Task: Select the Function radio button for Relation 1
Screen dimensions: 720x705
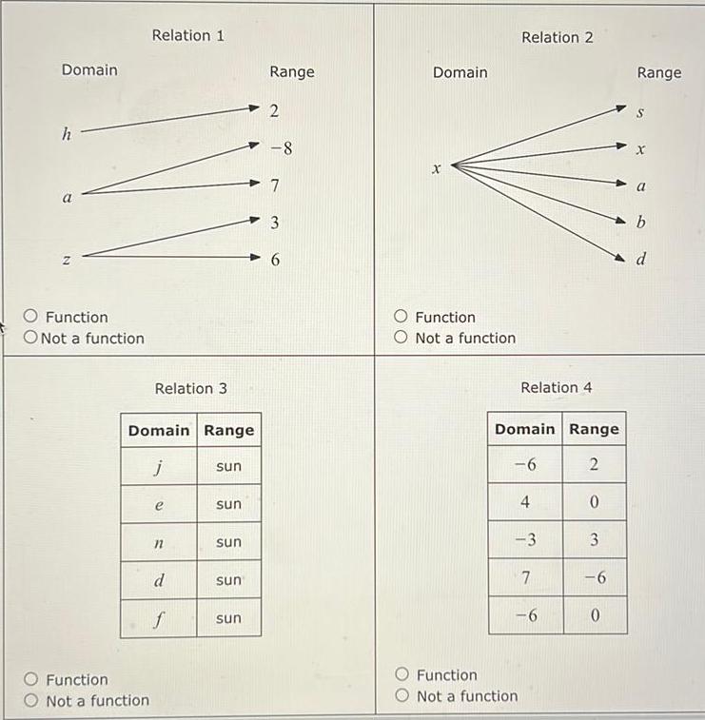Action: pos(32,318)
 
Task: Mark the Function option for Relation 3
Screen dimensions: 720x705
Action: pos(32,680)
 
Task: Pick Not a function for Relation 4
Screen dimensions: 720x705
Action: pos(401,696)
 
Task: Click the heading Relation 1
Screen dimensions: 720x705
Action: pos(188,35)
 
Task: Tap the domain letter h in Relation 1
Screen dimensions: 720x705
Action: pos(66,135)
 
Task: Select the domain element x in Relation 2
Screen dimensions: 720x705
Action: pos(435,169)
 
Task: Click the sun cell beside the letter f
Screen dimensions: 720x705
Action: pos(228,618)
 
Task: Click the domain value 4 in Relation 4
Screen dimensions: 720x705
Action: pos(524,502)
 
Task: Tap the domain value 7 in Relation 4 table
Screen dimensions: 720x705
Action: pos(524,577)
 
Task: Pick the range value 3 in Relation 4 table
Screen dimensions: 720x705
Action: pos(593,540)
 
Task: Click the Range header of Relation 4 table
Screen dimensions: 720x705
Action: pos(594,429)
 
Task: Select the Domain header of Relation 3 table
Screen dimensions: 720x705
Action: pos(158,430)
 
